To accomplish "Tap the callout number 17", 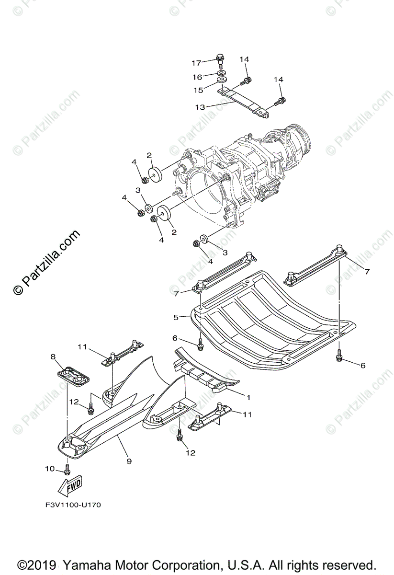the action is (197, 62).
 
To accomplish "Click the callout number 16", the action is (197, 77).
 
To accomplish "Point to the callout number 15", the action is (198, 90).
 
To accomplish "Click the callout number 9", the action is (129, 461).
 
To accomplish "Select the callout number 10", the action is (50, 469).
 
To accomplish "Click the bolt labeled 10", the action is (67, 468).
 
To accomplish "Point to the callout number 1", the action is (248, 397).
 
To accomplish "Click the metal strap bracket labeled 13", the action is (244, 101).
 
